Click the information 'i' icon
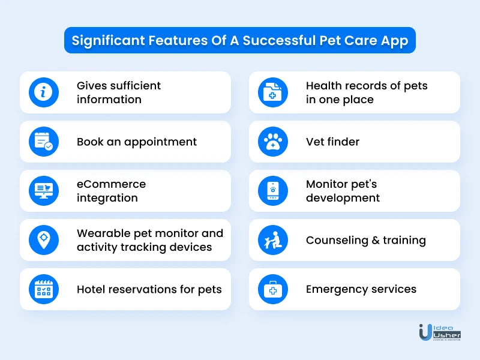[43, 92]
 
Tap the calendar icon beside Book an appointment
[43, 142]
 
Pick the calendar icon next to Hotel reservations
[43, 289]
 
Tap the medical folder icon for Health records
[273, 92]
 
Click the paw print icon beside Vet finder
[273, 142]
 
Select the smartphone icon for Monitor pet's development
[273, 191]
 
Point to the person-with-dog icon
[273, 240]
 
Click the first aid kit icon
[273, 289]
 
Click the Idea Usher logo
[440, 332]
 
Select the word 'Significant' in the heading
[108, 41]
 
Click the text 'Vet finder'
[332, 142]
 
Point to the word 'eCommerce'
[111, 184]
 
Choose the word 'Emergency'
[340, 290]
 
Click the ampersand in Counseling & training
[376, 241]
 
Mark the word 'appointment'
[160, 142]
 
